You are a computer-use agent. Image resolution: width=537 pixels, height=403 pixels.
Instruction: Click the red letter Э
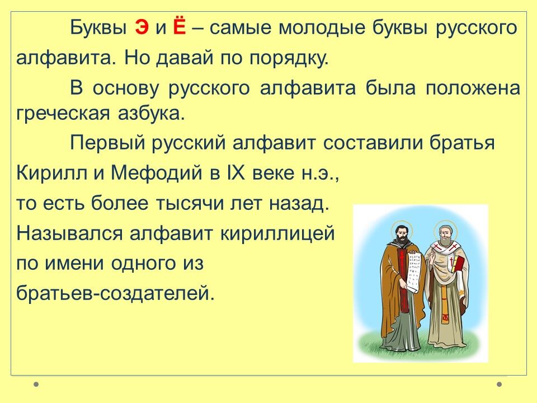pyautogui.click(x=142, y=28)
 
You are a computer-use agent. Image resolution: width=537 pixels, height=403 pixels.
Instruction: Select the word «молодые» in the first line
pyautogui.click(x=322, y=28)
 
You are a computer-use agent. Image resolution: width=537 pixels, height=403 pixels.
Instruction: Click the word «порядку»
pyautogui.click(x=289, y=59)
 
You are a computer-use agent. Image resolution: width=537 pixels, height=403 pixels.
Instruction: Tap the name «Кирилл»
pyautogui.click(x=51, y=173)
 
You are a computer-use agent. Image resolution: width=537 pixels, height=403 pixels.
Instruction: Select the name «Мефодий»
pyautogui.click(x=157, y=172)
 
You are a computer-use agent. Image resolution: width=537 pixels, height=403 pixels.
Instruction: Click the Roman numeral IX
pyautogui.click(x=236, y=173)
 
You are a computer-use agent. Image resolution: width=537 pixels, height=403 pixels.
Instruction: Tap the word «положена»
pyautogui.click(x=473, y=88)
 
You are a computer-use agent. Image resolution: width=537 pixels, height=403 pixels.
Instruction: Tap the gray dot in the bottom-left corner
pyautogui.click(x=36, y=384)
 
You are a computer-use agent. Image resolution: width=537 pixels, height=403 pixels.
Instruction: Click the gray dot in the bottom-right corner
pyautogui.click(x=500, y=384)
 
